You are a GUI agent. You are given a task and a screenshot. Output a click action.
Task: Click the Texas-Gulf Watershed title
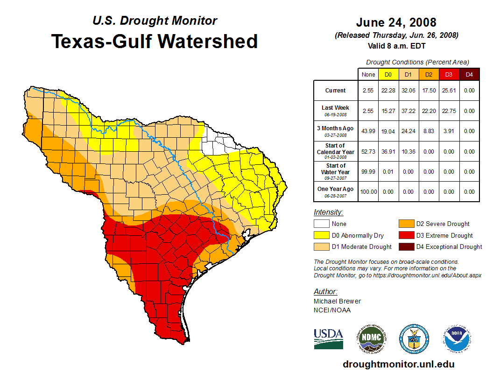point(155,41)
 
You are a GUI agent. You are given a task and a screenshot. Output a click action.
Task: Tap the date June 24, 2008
point(396,22)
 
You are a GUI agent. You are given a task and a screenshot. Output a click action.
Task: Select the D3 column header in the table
point(448,74)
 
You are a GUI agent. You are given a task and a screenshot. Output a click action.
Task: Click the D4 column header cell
point(470,74)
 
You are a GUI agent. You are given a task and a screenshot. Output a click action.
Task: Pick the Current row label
point(336,91)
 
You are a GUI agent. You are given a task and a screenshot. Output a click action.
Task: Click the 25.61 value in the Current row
point(448,91)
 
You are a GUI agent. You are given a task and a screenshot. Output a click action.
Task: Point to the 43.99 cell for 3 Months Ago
point(368,131)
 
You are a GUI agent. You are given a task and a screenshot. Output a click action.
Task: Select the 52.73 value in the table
point(368,152)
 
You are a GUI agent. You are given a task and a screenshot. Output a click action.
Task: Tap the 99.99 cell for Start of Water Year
point(368,172)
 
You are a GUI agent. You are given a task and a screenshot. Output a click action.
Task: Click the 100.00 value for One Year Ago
point(368,192)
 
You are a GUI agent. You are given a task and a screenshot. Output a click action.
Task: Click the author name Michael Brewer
point(337,301)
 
